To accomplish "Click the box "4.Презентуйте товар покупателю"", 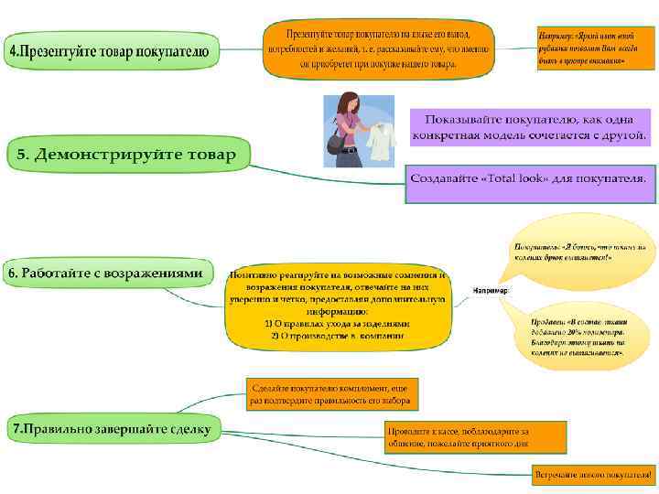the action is click(x=113, y=52).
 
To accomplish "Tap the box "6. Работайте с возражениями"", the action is click(x=106, y=274).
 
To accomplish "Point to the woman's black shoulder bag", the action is click(x=336, y=145).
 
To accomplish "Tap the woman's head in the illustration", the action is click(x=349, y=101).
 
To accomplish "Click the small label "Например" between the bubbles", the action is click(x=491, y=291).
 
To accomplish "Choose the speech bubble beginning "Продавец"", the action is click(x=577, y=336).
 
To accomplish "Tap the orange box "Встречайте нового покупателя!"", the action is click(x=592, y=476).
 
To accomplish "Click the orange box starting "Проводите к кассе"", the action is click(x=457, y=436).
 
